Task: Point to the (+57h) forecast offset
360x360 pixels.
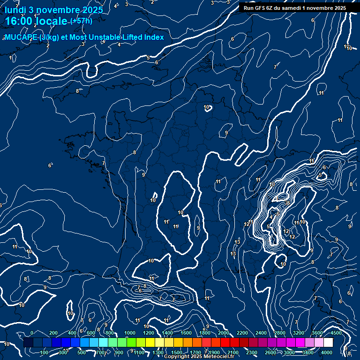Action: pos(81,21)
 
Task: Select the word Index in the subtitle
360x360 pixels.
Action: pos(154,37)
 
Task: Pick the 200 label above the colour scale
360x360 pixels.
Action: pos(53,333)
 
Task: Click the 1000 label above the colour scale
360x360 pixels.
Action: pos(129,333)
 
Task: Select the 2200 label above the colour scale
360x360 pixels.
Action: pos(242,333)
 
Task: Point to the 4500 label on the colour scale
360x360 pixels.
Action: pos(336,333)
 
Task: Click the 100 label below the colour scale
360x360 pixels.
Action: pos(45,352)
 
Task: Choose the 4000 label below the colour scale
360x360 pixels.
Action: pos(327,352)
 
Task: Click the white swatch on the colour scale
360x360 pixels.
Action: pos(328,343)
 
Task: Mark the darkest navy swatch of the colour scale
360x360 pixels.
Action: pos(28,343)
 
